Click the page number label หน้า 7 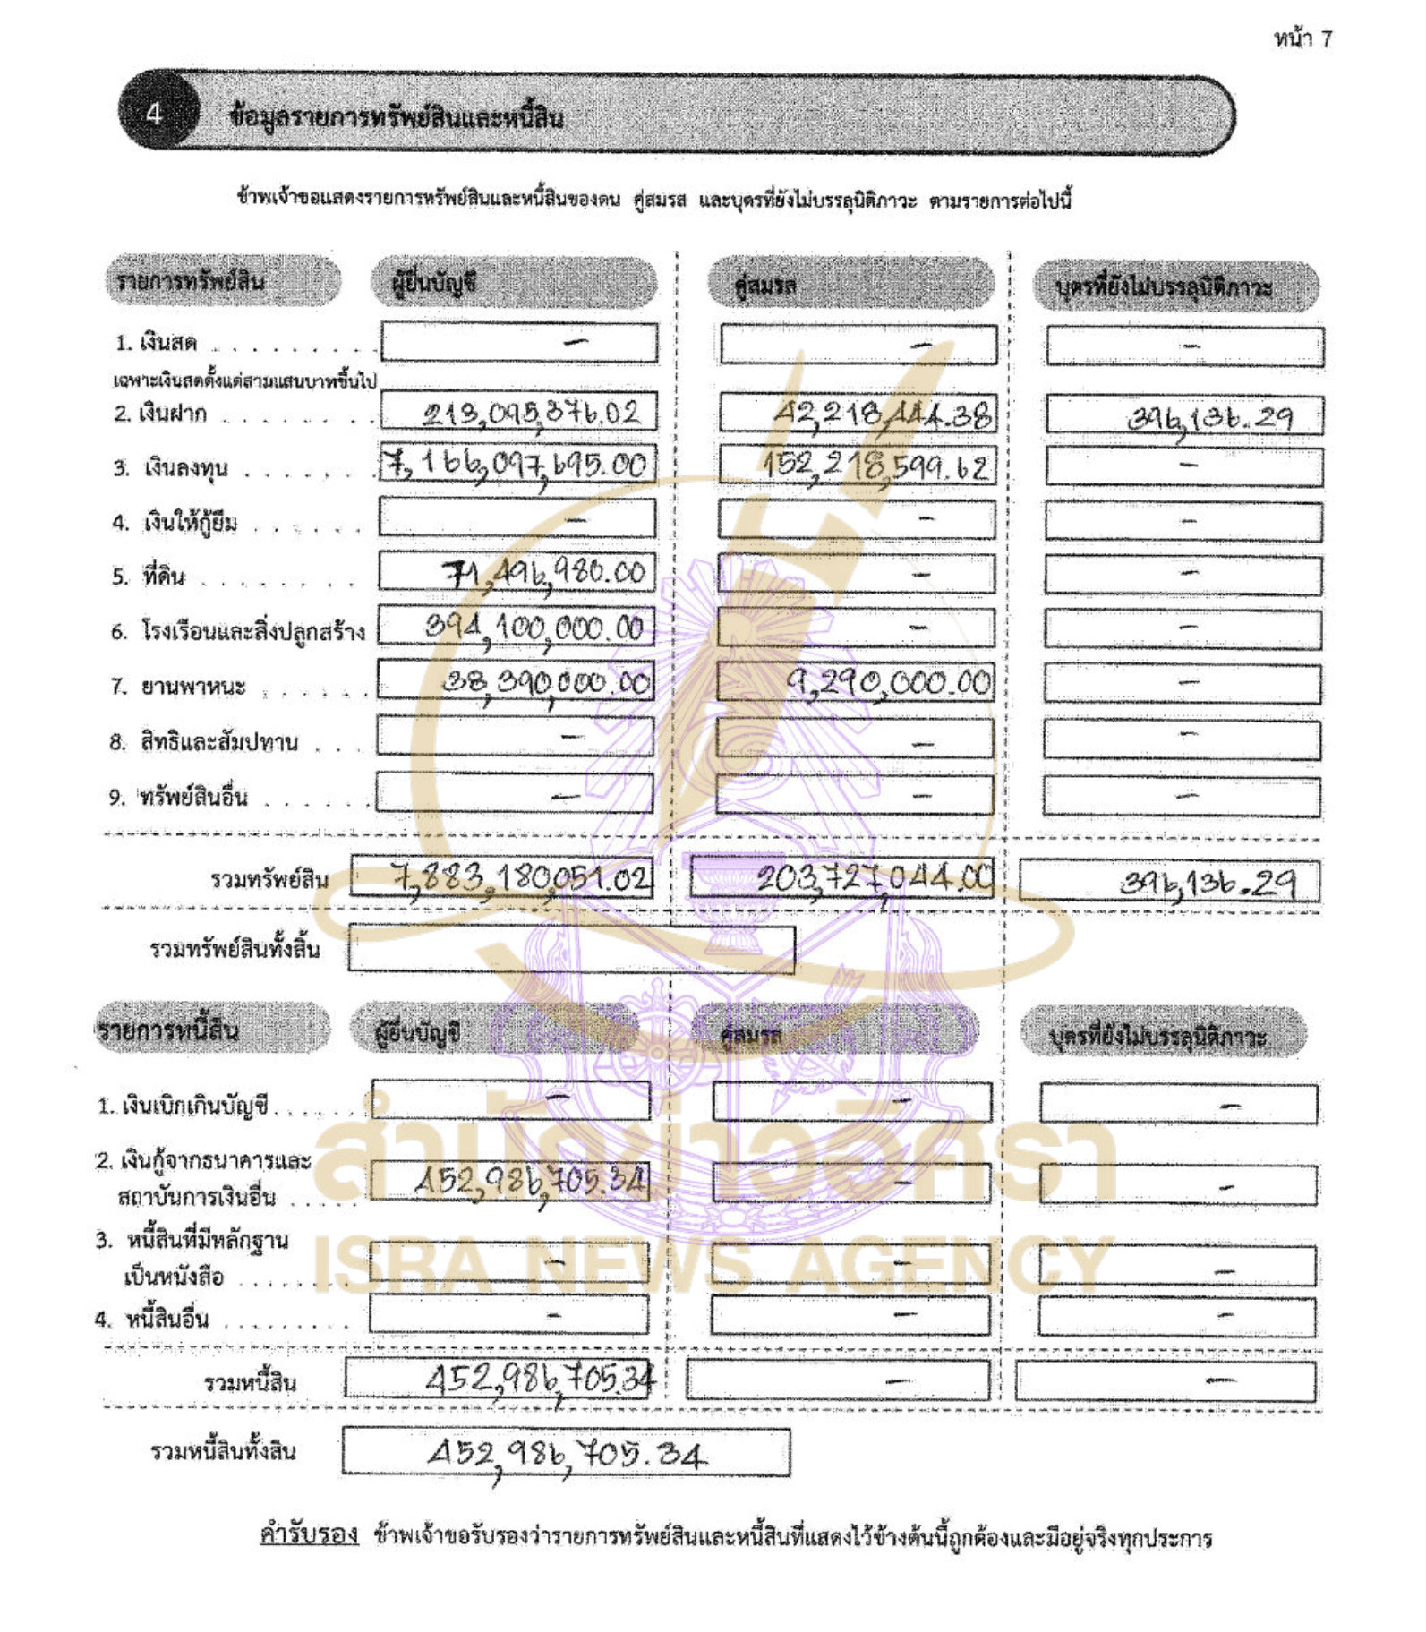click(x=1302, y=38)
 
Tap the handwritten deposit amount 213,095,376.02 click(x=531, y=414)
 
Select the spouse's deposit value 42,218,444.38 click(x=882, y=414)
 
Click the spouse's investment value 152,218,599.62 click(x=875, y=466)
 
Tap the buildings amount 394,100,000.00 click(x=534, y=627)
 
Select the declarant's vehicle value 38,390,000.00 click(x=547, y=682)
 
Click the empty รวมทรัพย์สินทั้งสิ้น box click(x=571, y=948)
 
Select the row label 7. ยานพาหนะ click(x=178, y=687)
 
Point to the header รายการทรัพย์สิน click(x=190, y=281)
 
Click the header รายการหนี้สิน click(x=169, y=1030)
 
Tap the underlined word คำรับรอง click(x=309, y=1534)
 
